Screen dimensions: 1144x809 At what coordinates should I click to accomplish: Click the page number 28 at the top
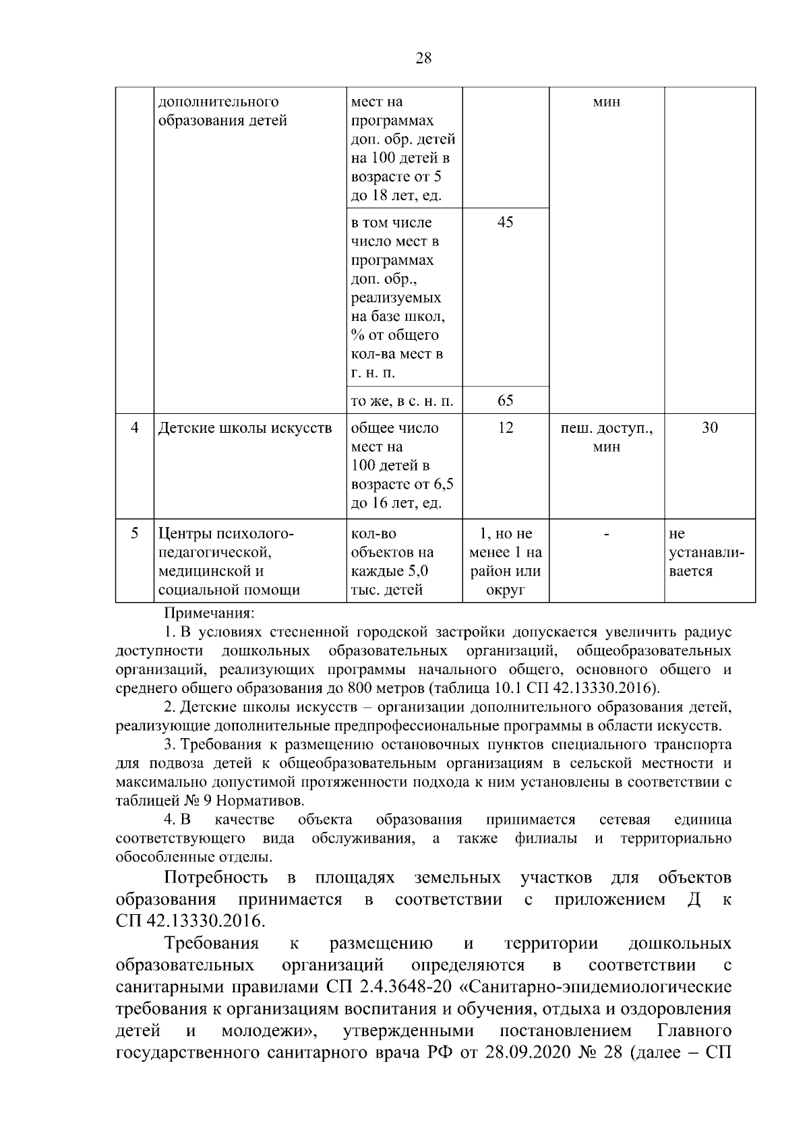(423, 58)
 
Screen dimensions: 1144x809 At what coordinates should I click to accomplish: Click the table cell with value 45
(505, 222)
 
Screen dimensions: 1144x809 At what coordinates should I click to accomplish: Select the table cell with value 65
(505, 400)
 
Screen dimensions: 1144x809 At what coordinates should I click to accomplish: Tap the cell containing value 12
(505, 427)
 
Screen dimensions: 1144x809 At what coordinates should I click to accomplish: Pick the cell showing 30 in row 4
(709, 427)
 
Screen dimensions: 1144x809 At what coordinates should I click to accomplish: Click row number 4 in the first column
(135, 427)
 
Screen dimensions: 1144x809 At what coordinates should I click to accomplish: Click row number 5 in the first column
(135, 533)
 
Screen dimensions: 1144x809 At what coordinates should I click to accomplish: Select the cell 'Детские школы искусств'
(245, 428)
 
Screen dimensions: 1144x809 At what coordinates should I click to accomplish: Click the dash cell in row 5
(606, 534)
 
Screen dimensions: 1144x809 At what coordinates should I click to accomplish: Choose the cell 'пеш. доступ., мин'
(606, 437)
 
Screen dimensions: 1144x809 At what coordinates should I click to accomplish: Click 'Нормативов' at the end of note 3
(266, 801)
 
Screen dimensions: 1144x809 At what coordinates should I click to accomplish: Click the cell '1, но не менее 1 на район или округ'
(505, 562)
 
